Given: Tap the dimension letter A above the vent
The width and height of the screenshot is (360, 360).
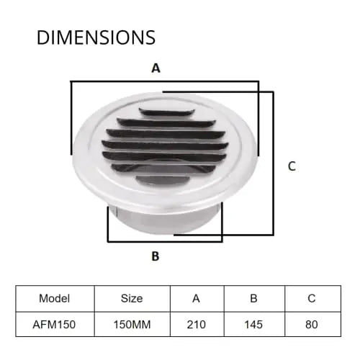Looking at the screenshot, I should point(155,68).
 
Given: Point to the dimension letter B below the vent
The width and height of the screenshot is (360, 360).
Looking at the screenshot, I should point(155,256).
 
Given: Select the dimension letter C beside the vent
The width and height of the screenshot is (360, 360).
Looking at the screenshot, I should point(292,166).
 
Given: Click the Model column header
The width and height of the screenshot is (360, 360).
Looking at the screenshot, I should point(55,297).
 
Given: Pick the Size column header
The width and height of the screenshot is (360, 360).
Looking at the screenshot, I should point(132,297).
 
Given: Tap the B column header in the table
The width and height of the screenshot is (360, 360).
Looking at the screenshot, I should point(254,297).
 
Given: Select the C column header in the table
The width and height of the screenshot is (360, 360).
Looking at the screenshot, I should point(311,297).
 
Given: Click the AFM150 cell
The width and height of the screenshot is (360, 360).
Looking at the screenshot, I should point(55,324).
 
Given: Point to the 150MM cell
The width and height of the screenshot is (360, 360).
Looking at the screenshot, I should point(132,324).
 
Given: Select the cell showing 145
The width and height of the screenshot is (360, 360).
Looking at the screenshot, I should point(254,324).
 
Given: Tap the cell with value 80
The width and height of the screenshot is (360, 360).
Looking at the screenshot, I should point(311,324).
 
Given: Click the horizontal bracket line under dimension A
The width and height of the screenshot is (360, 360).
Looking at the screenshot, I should point(164,82).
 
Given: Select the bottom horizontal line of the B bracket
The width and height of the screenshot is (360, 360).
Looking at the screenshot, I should point(164,241).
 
